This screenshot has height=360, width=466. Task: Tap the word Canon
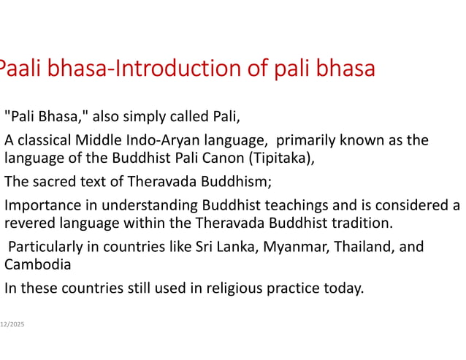pyautogui.click(x=228, y=156)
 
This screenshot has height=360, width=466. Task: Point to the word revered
pyautogui.click(x=28, y=222)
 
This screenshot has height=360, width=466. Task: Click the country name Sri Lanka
pyautogui.click(x=224, y=247)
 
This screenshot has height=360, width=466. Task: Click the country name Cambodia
pyautogui.click(x=34, y=264)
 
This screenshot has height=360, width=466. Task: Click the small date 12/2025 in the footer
pyautogui.click(x=12, y=323)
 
